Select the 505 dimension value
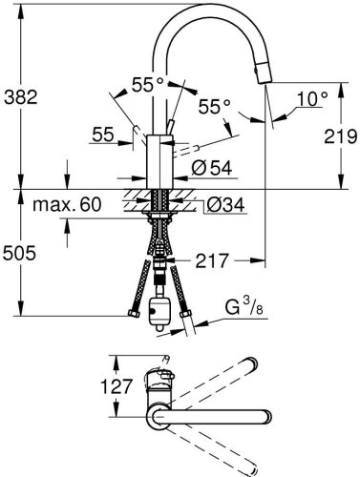point(21,253)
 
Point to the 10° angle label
point(311,96)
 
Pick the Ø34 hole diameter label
point(224,203)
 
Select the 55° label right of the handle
point(215,108)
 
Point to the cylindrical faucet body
point(158,162)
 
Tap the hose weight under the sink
point(160,309)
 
